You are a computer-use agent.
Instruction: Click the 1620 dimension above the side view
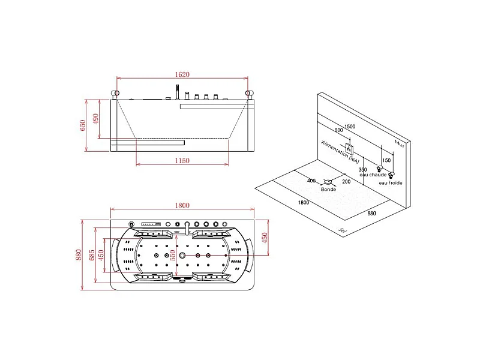182,74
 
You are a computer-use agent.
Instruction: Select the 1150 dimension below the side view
182,160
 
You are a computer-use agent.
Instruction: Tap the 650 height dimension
83,125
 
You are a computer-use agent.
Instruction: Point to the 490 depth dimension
96,119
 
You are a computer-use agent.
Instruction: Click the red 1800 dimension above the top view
182,205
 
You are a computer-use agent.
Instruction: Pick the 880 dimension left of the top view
79,255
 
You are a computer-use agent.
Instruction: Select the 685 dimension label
92,256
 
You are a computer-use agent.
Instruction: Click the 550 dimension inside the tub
173,256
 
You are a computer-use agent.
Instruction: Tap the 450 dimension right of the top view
265,238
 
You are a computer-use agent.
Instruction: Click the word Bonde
328,189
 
